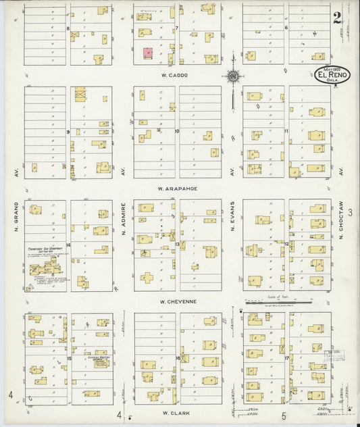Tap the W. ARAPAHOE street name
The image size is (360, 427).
click(177, 189)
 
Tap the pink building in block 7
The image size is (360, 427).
click(147, 52)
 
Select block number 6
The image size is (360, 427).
click(286, 28)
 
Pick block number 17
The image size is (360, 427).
click(286, 357)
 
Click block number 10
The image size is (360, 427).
click(177, 131)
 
